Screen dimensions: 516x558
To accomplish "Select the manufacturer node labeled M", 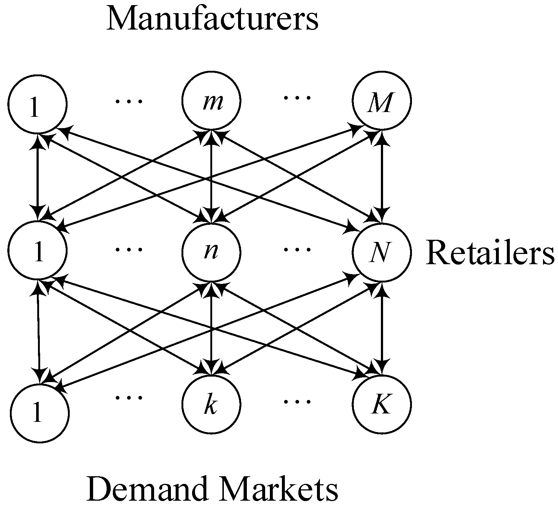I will coord(382,101).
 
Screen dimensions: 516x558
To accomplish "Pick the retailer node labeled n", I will coord(211,252).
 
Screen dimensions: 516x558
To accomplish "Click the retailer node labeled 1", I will coord(38,252).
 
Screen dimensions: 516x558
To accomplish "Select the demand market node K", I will coord(382,404).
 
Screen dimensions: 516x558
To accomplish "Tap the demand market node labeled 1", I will coord(39,413).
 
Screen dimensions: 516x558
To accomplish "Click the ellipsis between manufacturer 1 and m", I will coord(129,100).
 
